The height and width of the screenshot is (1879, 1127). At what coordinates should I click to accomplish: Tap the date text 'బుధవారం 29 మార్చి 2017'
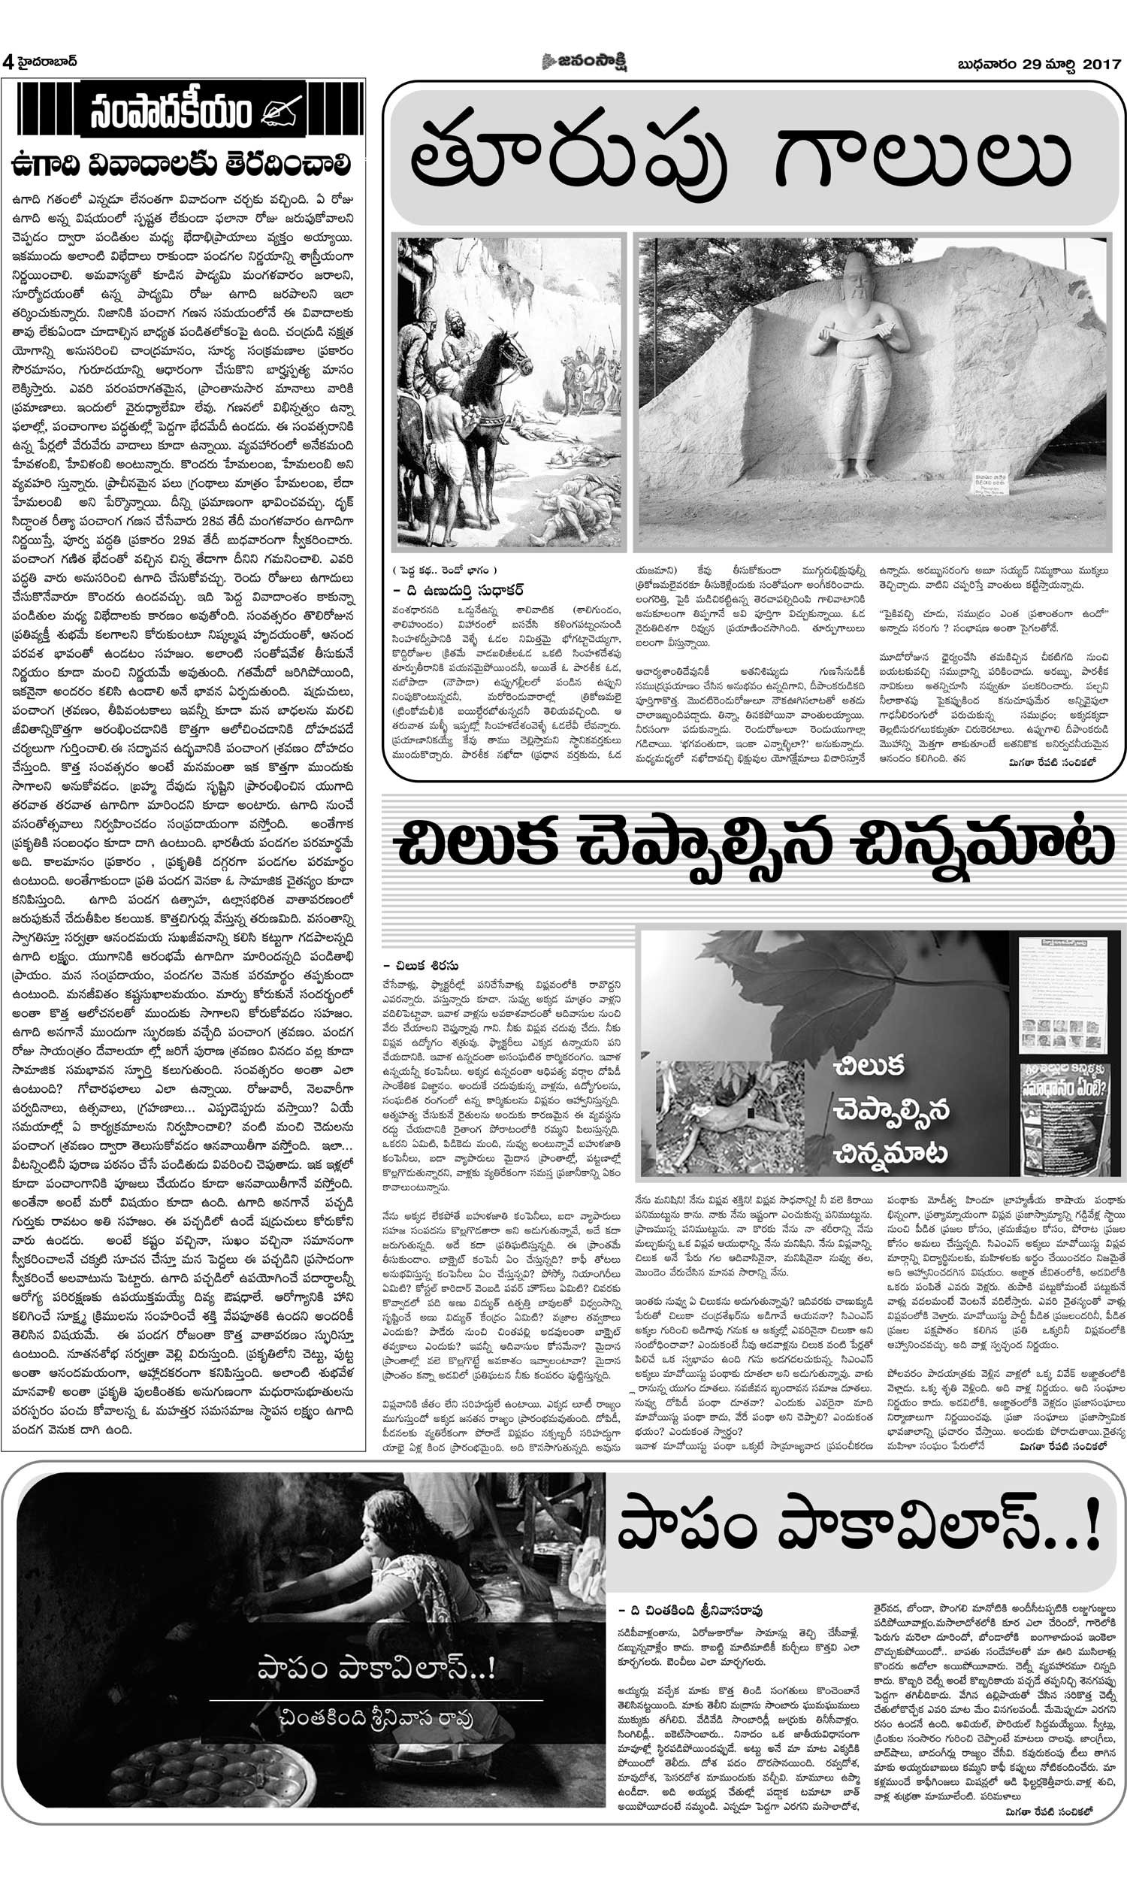(x=1039, y=65)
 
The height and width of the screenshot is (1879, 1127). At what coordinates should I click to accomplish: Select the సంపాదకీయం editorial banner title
(x=171, y=113)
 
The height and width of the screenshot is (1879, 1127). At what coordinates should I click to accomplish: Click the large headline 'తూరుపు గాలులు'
(x=740, y=158)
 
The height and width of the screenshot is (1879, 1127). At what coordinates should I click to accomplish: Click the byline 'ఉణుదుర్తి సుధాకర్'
(x=464, y=590)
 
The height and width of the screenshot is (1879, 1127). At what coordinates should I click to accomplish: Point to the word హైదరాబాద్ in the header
(x=47, y=62)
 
